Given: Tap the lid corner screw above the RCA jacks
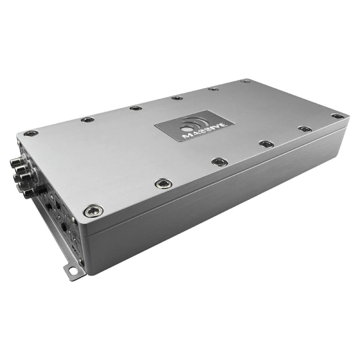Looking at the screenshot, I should (31, 134).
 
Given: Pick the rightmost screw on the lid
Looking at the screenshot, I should (337, 116).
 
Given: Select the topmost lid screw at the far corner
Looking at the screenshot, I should (245, 81).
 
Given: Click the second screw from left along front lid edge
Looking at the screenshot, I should (162, 183).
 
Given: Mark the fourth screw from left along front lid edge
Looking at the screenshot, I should (266, 144).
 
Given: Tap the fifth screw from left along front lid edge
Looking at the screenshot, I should (304, 129).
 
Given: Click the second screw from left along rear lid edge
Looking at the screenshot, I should (87, 120).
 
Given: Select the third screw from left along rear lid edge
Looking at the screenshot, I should (135, 108).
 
